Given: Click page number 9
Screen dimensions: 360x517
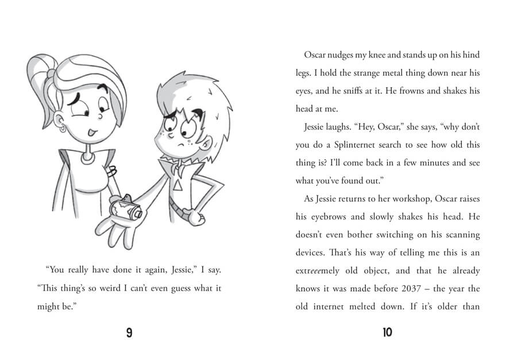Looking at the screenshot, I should click(129, 332).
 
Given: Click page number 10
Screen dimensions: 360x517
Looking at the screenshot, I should click(387, 332).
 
